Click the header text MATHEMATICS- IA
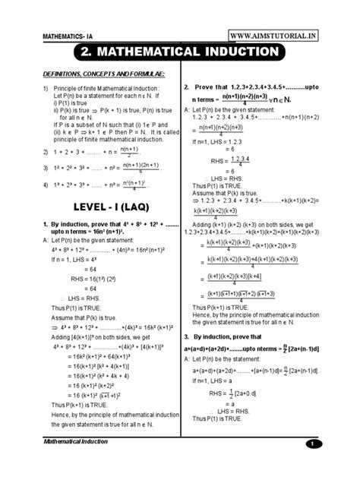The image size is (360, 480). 70,36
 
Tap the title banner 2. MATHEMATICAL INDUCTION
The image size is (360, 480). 180,55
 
